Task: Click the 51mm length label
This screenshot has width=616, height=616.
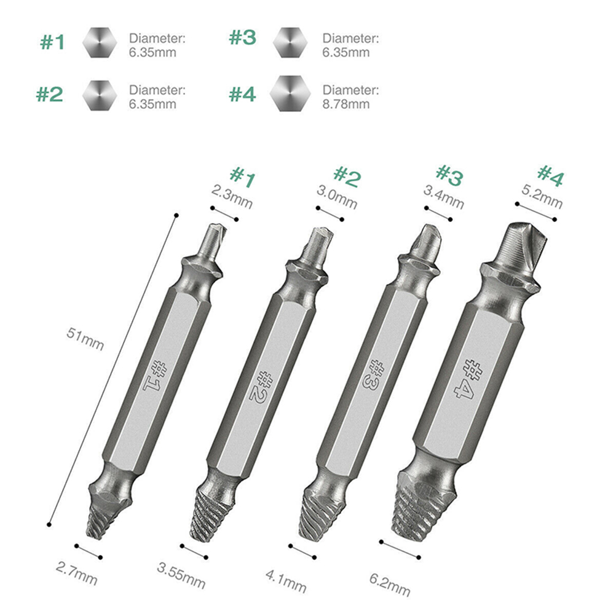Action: coord(85,339)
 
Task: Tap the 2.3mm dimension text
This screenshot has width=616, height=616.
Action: coord(232,196)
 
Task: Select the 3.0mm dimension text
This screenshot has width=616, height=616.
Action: coord(337,197)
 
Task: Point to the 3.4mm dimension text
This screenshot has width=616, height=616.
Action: coord(443,197)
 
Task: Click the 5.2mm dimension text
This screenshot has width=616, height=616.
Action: coord(542,196)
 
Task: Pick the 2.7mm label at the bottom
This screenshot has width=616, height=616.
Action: coord(77,573)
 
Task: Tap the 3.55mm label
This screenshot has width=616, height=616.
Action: coord(181,575)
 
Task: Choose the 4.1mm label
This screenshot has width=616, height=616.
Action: coord(286,581)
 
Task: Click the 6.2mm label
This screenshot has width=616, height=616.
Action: coord(390,585)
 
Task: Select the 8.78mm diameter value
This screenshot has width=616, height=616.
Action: coord(346,104)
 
